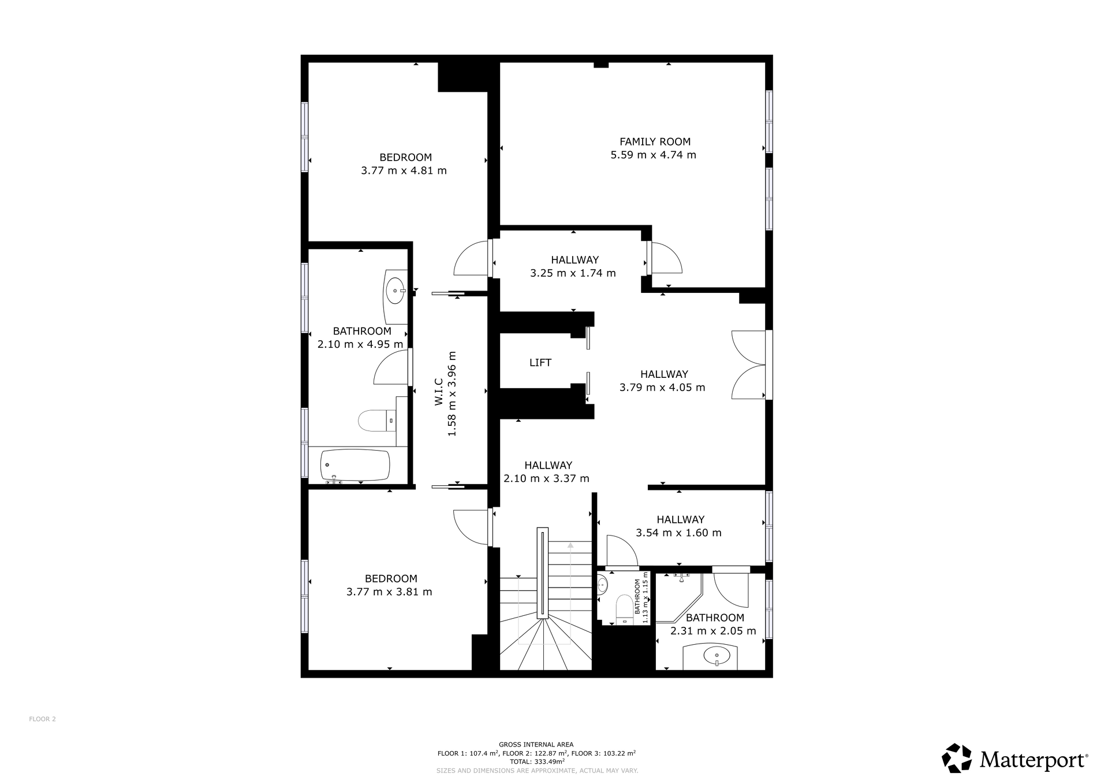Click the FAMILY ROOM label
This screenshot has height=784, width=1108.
coord(655,142)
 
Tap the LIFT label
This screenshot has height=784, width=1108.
coord(540,363)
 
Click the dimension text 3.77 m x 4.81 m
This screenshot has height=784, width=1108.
coord(404,170)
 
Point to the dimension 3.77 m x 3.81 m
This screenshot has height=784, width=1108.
coord(389,592)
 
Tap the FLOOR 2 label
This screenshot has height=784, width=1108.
coord(42,719)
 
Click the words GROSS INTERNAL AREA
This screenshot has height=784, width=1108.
coord(536,745)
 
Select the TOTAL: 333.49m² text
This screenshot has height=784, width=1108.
coord(536,761)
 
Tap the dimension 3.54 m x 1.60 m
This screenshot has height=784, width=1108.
coord(678,533)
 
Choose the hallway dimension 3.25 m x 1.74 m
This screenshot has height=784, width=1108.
coord(573,273)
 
